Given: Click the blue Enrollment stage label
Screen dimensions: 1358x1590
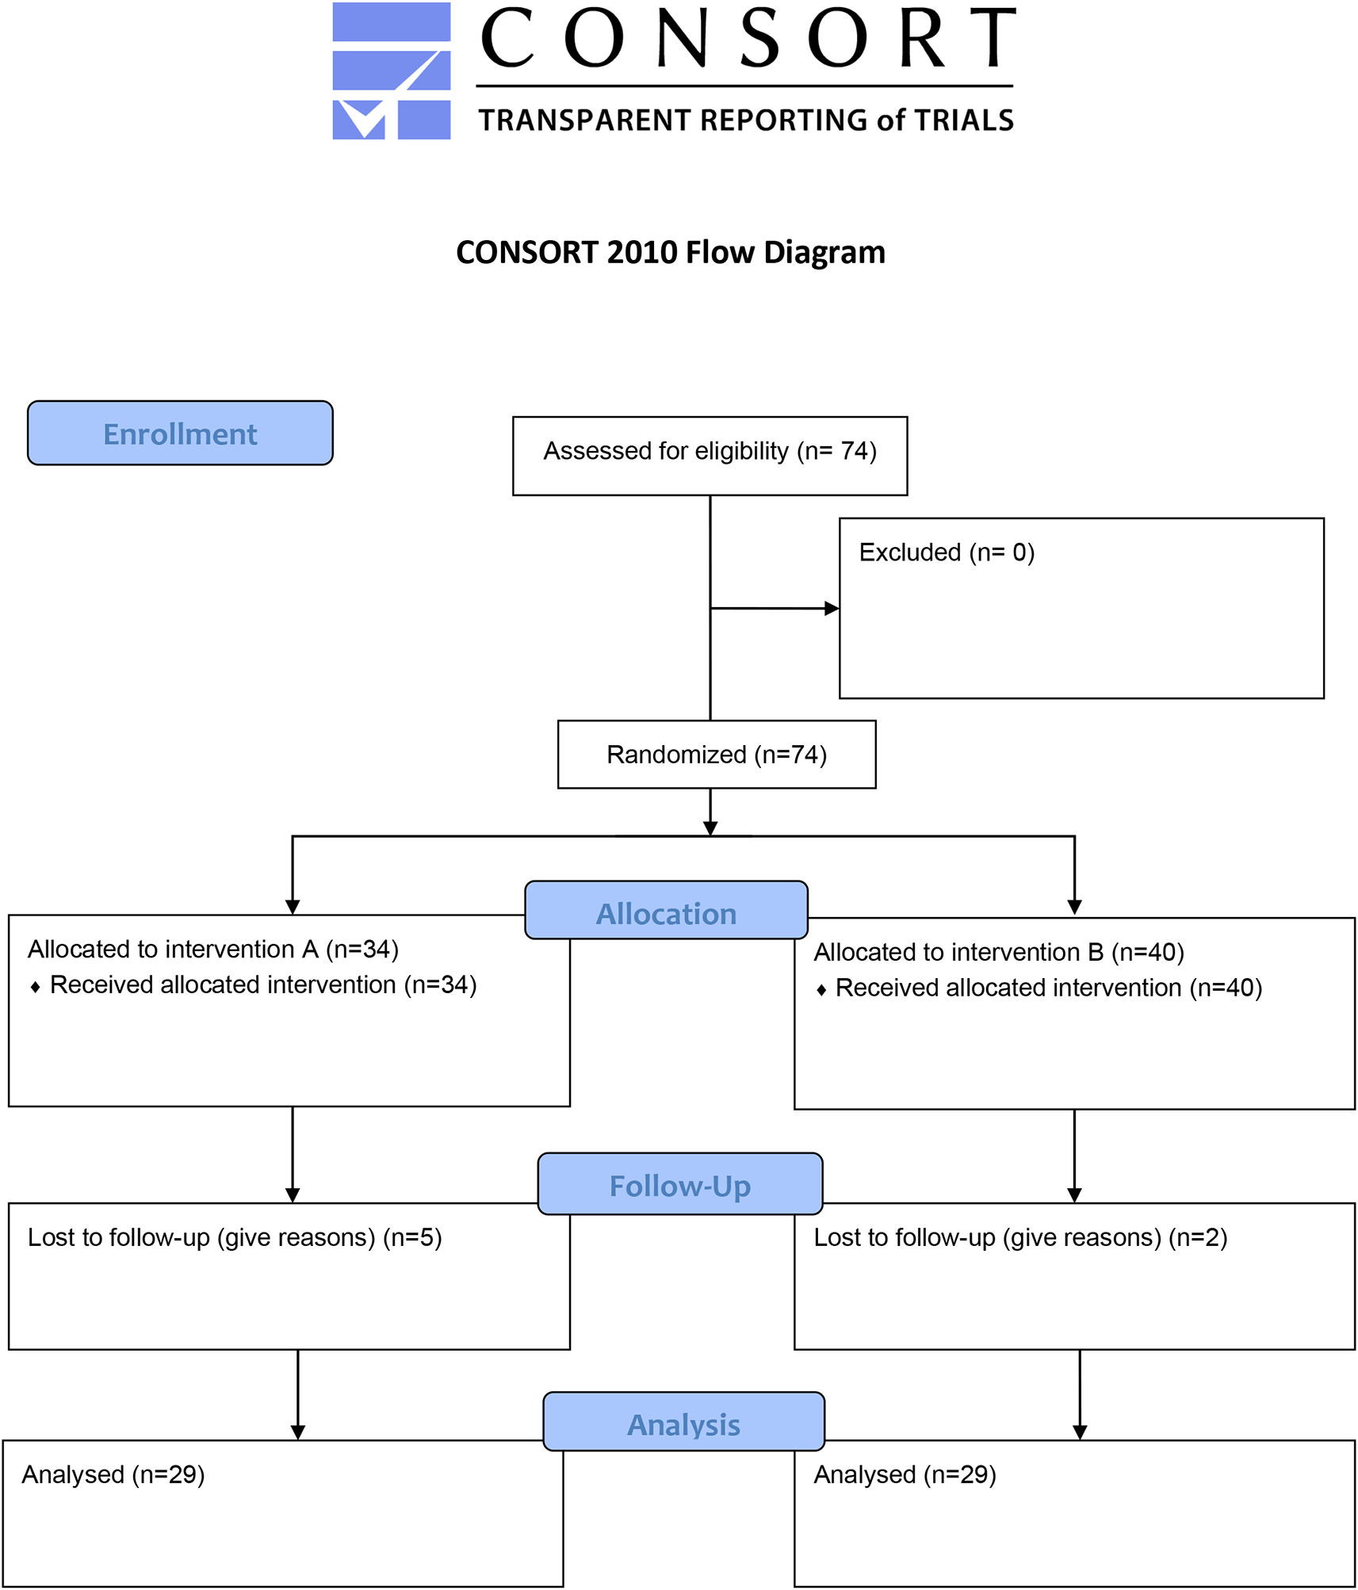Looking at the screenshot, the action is coord(180,433).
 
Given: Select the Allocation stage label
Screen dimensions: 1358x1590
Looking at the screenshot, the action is coord(666,910).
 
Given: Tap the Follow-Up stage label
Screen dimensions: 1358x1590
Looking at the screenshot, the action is coord(680,1183).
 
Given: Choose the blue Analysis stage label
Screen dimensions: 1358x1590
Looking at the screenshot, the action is coord(683,1421).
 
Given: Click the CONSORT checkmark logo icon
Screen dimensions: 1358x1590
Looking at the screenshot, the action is coord(391,71).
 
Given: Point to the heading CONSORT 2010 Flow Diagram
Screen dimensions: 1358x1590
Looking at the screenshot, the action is coord(671,252).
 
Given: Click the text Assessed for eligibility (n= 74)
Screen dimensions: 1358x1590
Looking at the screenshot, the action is coord(710,451).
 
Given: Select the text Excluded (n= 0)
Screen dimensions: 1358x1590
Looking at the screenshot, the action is coord(947,552).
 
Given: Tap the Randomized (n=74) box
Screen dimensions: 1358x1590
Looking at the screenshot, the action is coord(717,755).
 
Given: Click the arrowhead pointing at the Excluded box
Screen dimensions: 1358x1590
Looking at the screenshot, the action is coord(832,609).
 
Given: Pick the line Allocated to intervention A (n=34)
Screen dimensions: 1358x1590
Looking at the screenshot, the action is coord(213,949).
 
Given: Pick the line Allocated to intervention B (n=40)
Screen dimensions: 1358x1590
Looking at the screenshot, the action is coord(999,952).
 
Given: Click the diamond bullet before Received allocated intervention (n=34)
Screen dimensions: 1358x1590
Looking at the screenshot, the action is coord(35,987).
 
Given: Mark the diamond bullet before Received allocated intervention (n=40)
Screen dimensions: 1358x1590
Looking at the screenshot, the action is coord(821,990).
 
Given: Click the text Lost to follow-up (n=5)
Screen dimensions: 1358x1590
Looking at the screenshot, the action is coord(235,1237).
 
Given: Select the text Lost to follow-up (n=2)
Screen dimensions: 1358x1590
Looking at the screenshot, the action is coord(1020,1237).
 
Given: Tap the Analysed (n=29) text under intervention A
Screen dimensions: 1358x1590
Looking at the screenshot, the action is coord(113,1474).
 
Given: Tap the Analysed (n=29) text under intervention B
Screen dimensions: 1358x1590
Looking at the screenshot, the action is coord(905,1474).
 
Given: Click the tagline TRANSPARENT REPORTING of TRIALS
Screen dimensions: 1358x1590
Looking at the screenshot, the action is coord(746,120).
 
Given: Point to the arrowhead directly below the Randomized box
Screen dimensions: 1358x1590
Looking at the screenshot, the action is coord(710,828).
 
